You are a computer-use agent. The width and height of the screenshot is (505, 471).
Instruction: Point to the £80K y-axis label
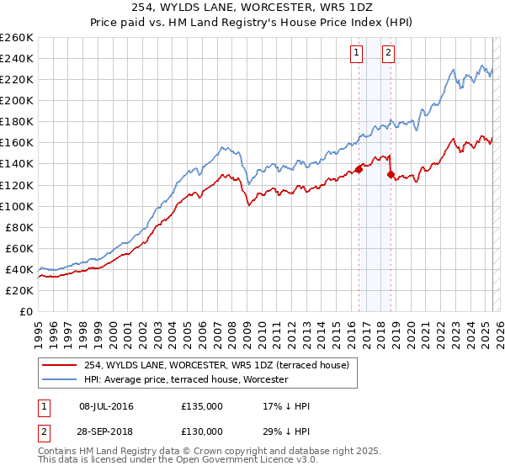[19, 227]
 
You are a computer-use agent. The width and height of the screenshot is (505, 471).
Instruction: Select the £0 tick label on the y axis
[27, 311]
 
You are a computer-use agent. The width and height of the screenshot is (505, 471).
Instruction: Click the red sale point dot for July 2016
[359, 169]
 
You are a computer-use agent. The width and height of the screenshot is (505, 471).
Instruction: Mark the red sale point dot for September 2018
[391, 174]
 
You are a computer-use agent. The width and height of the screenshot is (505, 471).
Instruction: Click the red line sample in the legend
[59, 364]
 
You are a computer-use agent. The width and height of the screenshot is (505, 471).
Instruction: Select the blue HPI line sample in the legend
[59, 379]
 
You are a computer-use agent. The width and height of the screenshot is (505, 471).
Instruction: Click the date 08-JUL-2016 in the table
[106, 406]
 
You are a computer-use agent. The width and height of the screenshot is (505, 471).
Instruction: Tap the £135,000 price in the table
[202, 406]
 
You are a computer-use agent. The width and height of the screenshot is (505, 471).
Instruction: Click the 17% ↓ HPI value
[286, 406]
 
